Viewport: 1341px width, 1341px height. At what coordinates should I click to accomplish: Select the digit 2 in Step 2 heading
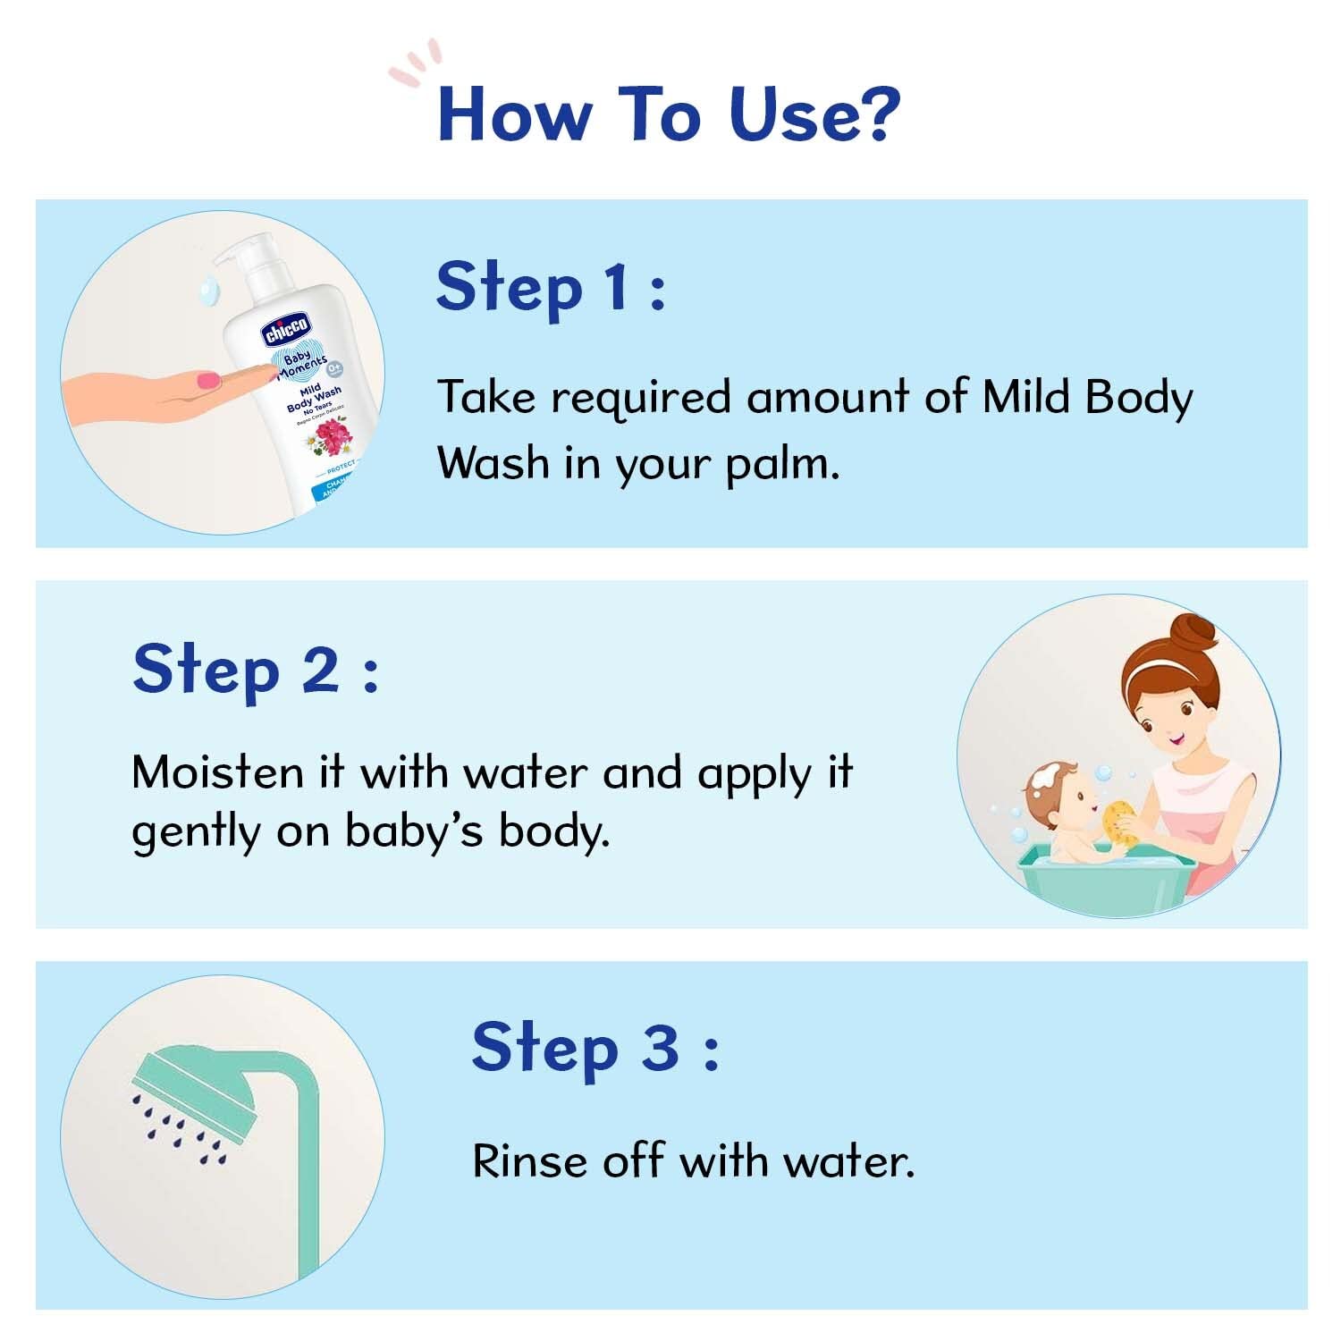(x=319, y=670)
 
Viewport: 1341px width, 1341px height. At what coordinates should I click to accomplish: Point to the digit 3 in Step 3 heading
(x=660, y=1047)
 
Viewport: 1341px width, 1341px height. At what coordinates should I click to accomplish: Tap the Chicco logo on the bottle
(x=286, y=330)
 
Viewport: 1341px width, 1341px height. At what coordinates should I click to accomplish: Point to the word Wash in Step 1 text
(x=492, y=463)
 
